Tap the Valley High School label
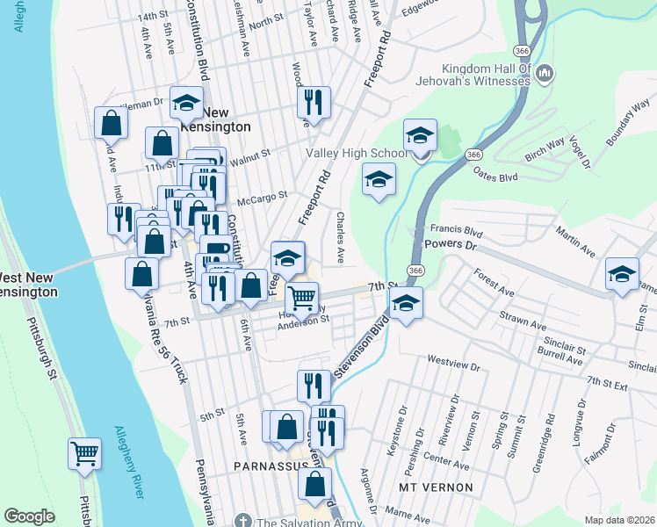pyautogui.click(x=357, y=153)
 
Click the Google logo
pyautogui.click(x=29, y=516)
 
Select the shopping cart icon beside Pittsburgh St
pyautogui.click(x=85, y=455)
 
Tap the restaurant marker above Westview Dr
pyautogui.click(x=314, y=384)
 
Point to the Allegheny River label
pyautogui.click(x=128, y=462)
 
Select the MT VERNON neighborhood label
pyautogui.click(x=436, y=487)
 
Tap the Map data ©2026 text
pyautogui.click(x=619, y=520)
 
